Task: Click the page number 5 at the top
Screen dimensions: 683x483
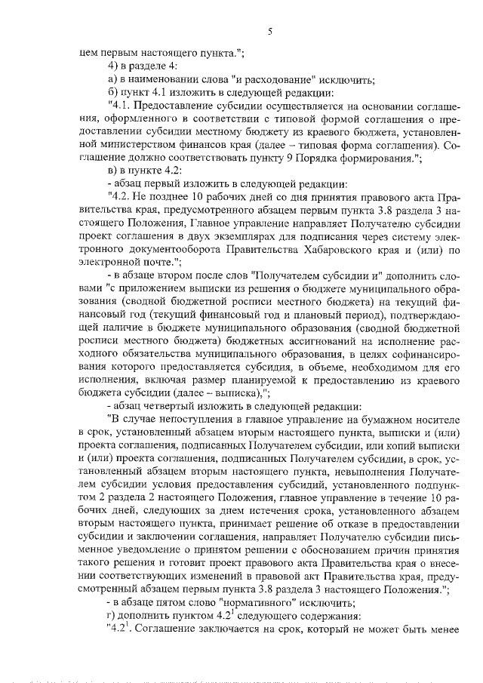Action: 269,32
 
